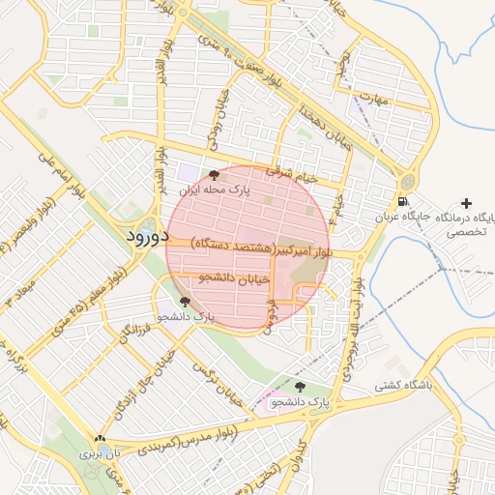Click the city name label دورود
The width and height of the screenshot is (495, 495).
[x=148, y=236]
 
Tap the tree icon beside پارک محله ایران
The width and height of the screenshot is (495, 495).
[x=214, y=175]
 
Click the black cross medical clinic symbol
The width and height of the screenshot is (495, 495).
[x=468, y=203]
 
